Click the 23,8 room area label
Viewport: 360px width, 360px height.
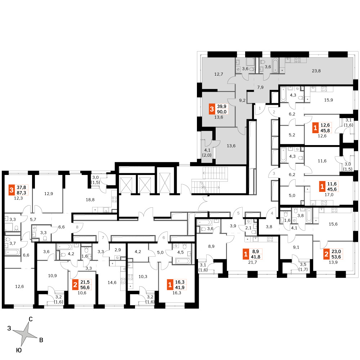click(316, 71)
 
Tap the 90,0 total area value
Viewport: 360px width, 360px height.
click(222, 112)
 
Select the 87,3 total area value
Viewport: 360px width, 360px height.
click(21, 193)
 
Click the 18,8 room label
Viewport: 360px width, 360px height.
click(90, 200)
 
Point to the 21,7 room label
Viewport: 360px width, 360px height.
click(253, 262)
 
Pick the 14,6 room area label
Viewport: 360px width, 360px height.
click(112, 283)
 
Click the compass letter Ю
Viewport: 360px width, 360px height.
click(19, 350)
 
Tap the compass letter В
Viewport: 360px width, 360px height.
click(41, 340)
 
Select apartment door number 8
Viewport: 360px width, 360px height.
click(77, 227)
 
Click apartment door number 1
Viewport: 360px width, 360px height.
click(260, 108)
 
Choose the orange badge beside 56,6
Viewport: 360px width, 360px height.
click(75, 285)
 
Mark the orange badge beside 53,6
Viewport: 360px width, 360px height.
click(326, 254)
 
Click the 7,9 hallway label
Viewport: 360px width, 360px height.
click(260, 87)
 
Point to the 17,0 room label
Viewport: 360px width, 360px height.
click(329, 195)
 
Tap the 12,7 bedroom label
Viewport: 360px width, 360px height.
click(219, 74)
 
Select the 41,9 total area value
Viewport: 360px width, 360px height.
click(180, 287)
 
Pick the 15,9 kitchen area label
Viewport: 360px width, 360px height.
click(329, 100)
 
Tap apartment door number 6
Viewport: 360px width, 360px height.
click(164, 238)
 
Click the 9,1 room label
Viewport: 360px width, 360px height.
click(296, 247)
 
